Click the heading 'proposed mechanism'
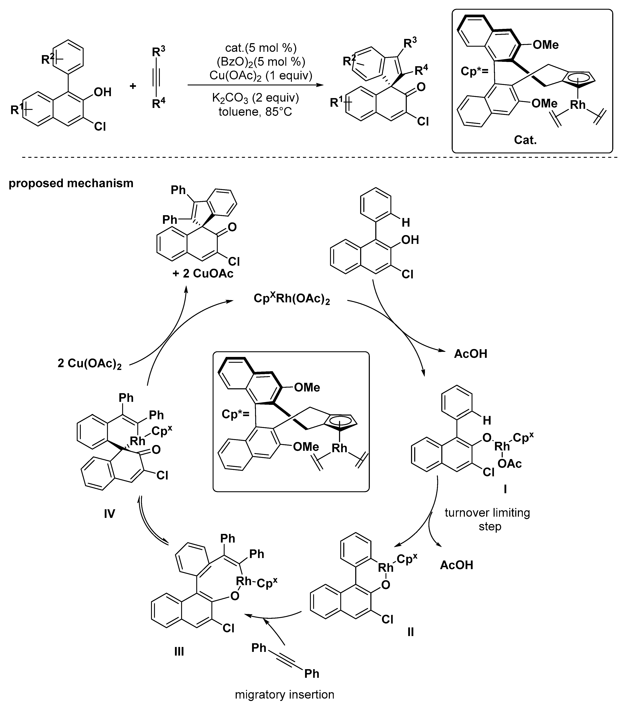click(x=71, y=183)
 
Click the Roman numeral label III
click(x=179, y=652)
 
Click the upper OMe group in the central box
click(x=307, y=387)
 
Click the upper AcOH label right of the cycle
click(x=471, y=354)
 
